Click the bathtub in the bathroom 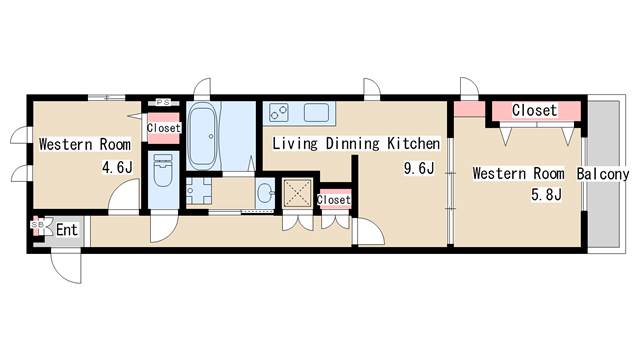tap(203, 136)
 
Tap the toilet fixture tap(163, 170)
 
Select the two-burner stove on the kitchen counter tap(279, 112)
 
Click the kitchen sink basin tap(316, 112)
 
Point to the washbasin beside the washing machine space tap(266, 193)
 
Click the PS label tap(163, 102)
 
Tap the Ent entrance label tap(67, 230)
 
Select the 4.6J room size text tap(117, 167)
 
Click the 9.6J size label tap(419, 168)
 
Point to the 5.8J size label tap(546, 195)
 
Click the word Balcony tap(602, 174)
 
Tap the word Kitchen tap(413, 144)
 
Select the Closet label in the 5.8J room tap(534, 110)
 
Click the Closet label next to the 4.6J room tap(163, 128)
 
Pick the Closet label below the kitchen tap(334, 200)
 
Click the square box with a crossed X tap(298, 193)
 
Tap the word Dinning tap(353, 144)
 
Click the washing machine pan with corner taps tap(199, 191)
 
